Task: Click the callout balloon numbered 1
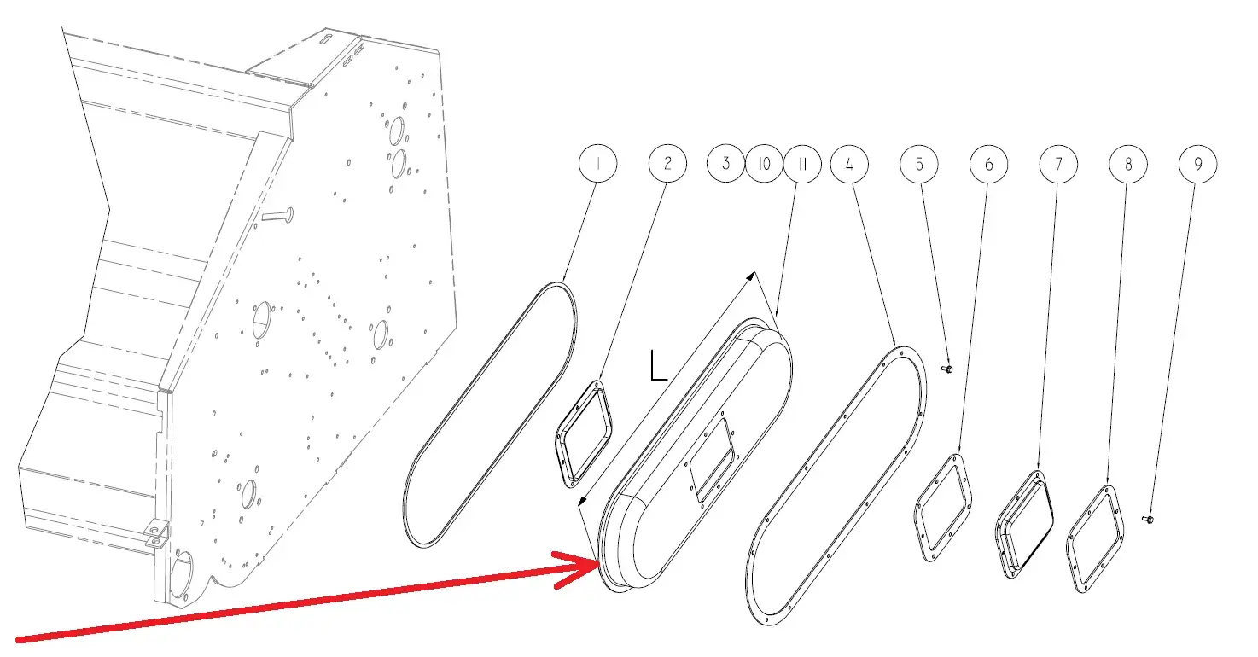597,164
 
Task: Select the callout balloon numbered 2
667,164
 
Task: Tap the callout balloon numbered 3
725,164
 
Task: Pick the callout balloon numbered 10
764,164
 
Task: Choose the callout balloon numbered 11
802,164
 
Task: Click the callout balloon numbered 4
849,164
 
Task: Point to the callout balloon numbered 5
919,164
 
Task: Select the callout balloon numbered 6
988,164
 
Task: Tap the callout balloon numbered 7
1058,164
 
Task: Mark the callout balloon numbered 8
1127,164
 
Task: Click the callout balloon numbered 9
1197,164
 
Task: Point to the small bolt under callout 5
946,369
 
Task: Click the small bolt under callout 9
1148,520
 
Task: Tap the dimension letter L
658,365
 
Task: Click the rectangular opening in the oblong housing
712,460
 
